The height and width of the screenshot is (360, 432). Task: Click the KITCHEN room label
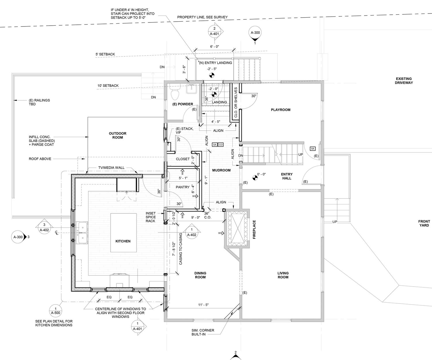click(123, 241)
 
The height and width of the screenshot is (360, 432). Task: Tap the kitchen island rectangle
click(124, 233)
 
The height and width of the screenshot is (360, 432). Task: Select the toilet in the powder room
click(175, 93)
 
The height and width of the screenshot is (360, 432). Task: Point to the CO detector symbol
click(221, 145)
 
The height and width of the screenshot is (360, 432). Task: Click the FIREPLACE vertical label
click(254, 230)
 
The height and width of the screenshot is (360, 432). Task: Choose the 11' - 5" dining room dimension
click(203, 304)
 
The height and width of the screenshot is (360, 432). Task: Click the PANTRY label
click(183, 187)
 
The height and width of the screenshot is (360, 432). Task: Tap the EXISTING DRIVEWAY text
click(404, 81)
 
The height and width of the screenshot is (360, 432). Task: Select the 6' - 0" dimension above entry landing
click(215, 47)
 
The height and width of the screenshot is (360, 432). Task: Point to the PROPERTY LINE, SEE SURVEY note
click(202, 17)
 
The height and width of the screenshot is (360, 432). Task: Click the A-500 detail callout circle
click(56, 311)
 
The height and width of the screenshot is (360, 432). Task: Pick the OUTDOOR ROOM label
click(118, 135)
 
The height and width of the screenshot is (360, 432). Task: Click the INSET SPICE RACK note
click(151, 217)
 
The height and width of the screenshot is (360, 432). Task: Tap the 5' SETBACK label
click(105, 54)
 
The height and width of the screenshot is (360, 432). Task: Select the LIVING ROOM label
click(283, 275)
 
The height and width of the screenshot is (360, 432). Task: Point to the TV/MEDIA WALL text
click(111, 168)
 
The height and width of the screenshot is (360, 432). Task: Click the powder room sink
click(192, 89)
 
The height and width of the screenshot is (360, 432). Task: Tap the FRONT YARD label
click(424, 223)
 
